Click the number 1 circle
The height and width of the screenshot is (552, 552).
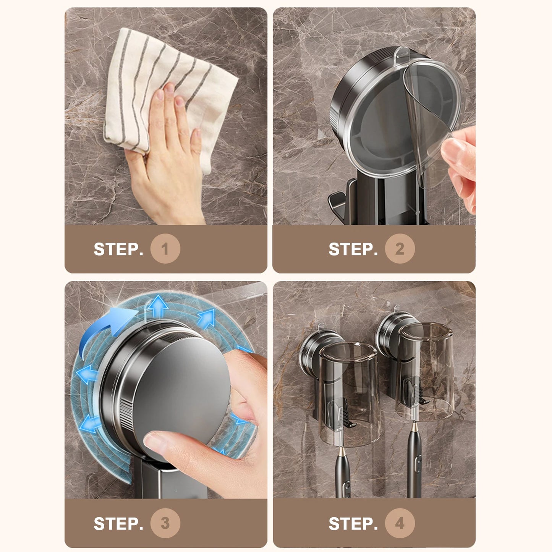point(165,248)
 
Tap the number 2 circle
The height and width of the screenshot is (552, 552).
point(400,248)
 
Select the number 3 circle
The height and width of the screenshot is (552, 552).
point(165,523)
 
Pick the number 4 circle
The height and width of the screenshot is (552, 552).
point(400,523)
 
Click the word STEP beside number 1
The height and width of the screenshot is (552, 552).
point(118,249)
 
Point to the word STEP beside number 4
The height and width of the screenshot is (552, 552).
point(353,523)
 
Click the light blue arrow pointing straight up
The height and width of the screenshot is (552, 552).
point(158,306)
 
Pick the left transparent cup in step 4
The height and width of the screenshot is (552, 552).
point(350,395)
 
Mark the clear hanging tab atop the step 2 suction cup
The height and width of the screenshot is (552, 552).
point(402,53)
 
